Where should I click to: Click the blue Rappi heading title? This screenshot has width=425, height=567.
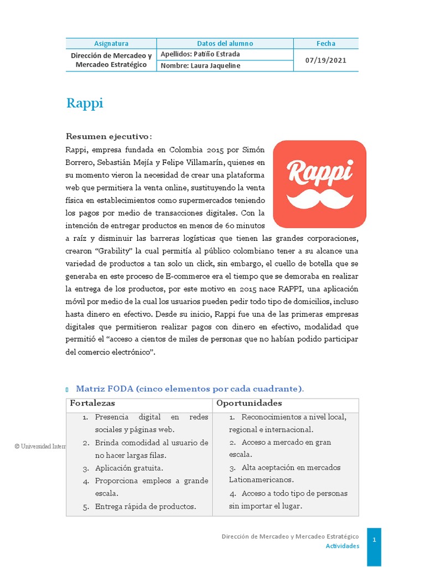tap(85, 104)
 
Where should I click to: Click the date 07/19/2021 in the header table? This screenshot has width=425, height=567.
tap(326, 60)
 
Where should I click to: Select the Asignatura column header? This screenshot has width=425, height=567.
tap(111, 43)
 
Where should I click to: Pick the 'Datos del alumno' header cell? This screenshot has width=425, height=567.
tap(225, 43)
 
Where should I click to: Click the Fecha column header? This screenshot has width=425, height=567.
tap(326, 43)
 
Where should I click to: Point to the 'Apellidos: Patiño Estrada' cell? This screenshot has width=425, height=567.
tap(200, 54)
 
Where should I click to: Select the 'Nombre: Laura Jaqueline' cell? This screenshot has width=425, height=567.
tap(200, 66)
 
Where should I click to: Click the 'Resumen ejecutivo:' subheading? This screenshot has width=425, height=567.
tap(108, 136)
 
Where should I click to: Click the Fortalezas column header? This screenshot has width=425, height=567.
tap(92, 403)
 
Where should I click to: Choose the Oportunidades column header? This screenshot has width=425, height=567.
tap(249, 403)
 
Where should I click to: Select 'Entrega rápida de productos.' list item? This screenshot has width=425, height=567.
tap(145, 506)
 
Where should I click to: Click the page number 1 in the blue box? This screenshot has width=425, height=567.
tap(374, 540)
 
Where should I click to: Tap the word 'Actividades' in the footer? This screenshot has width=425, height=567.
tap(342, 546)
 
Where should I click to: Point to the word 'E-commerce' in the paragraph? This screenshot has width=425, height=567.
tap(209, 276)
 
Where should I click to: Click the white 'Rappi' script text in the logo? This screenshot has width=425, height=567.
tap(320, 171)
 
